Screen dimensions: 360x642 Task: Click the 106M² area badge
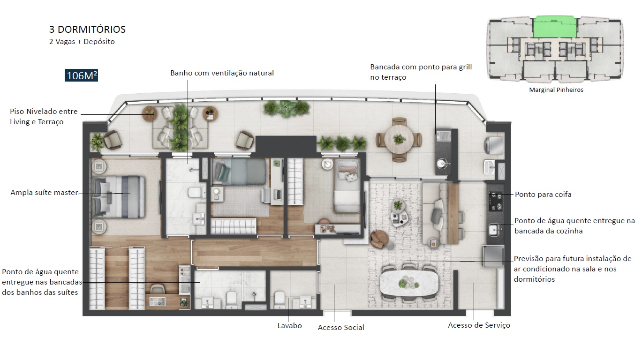tap(82, 75)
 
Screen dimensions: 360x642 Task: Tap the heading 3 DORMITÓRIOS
tap(87, 30)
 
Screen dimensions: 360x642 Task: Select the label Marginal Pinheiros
tap(556, 90)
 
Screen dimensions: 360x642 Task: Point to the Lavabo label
tap(289, 325)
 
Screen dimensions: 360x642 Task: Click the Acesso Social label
tap(341, 327)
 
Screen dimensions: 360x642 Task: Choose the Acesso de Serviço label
tap(479, 325)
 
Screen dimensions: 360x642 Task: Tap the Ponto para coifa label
tap(543, 194)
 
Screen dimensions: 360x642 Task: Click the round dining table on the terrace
tap(399, 138)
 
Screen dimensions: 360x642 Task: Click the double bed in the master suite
tap(117, 197)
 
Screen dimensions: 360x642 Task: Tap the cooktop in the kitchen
tap(496, 201)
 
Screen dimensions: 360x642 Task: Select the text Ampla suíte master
tap(44, 193)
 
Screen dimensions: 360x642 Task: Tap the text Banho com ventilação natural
tap(222, 73)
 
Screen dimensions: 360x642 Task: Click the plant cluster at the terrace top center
tap(287, 108)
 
